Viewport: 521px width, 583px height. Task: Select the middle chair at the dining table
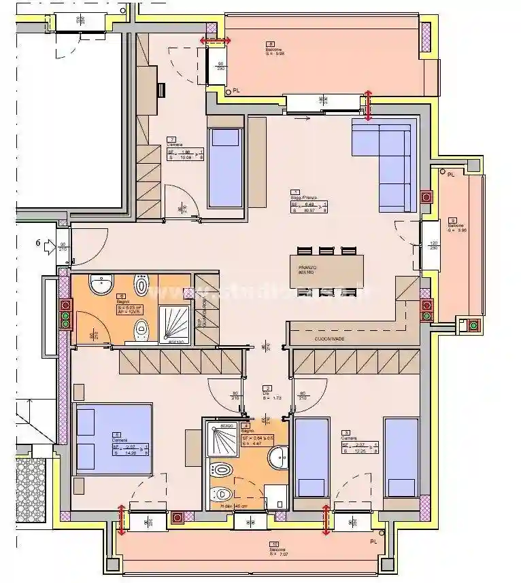click(x=326, y=250)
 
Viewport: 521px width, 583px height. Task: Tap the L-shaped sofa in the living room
click(x=384, y=165)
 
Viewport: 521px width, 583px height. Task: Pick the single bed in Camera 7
click(x=226, y=166)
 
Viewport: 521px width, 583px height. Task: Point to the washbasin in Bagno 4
click(x=279, y=459)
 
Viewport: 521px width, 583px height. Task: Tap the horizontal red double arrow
click(x=214, y=41)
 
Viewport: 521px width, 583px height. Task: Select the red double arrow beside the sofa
click(x=369, y=106)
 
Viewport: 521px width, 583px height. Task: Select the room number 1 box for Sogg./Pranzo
click(x=295, y=192)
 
